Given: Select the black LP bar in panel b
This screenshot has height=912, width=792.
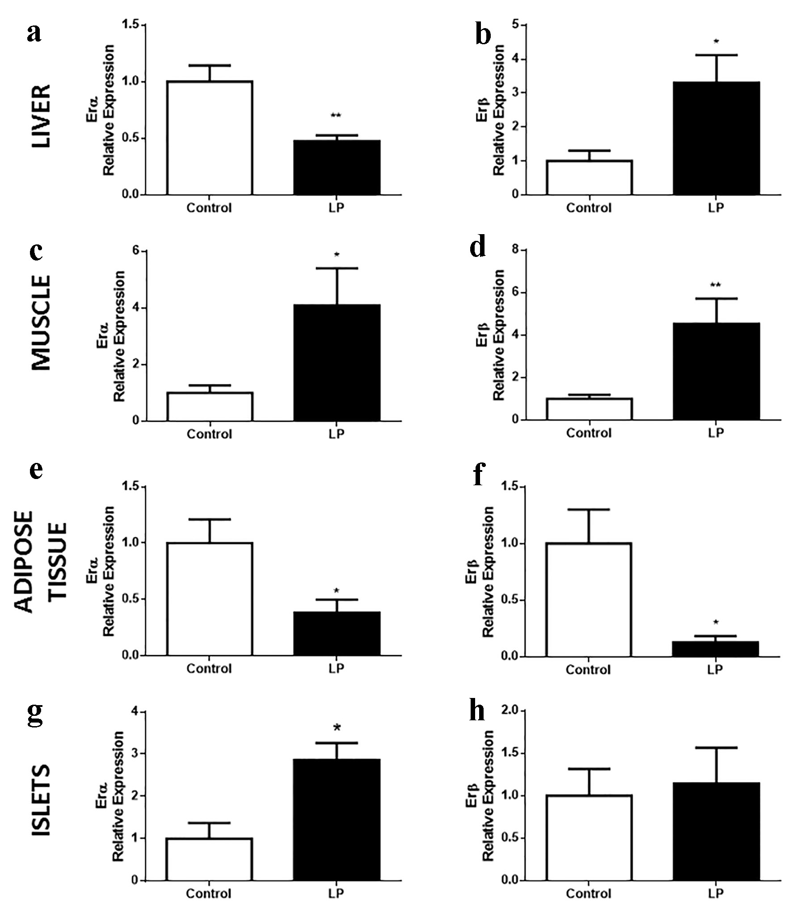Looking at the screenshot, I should [716, 138].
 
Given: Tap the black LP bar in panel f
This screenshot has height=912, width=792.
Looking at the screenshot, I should [716, 649].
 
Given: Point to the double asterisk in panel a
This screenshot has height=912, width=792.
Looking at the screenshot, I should [336, 116].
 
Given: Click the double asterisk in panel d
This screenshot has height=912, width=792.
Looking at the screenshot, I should [716, 285].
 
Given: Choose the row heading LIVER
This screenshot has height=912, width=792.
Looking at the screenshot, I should [42, 116].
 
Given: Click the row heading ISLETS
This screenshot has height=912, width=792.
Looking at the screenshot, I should [42, 800].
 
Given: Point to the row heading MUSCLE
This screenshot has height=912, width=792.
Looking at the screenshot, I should [42, 323].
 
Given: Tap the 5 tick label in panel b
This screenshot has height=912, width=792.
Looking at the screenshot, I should [516, 25].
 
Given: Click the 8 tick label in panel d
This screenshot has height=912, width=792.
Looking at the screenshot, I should [516, 250].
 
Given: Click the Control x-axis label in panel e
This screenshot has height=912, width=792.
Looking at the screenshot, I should [209, 668].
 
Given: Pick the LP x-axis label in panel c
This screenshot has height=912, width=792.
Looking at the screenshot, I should [337, 434].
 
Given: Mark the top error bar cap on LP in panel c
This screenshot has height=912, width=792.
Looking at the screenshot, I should [337, 268].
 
